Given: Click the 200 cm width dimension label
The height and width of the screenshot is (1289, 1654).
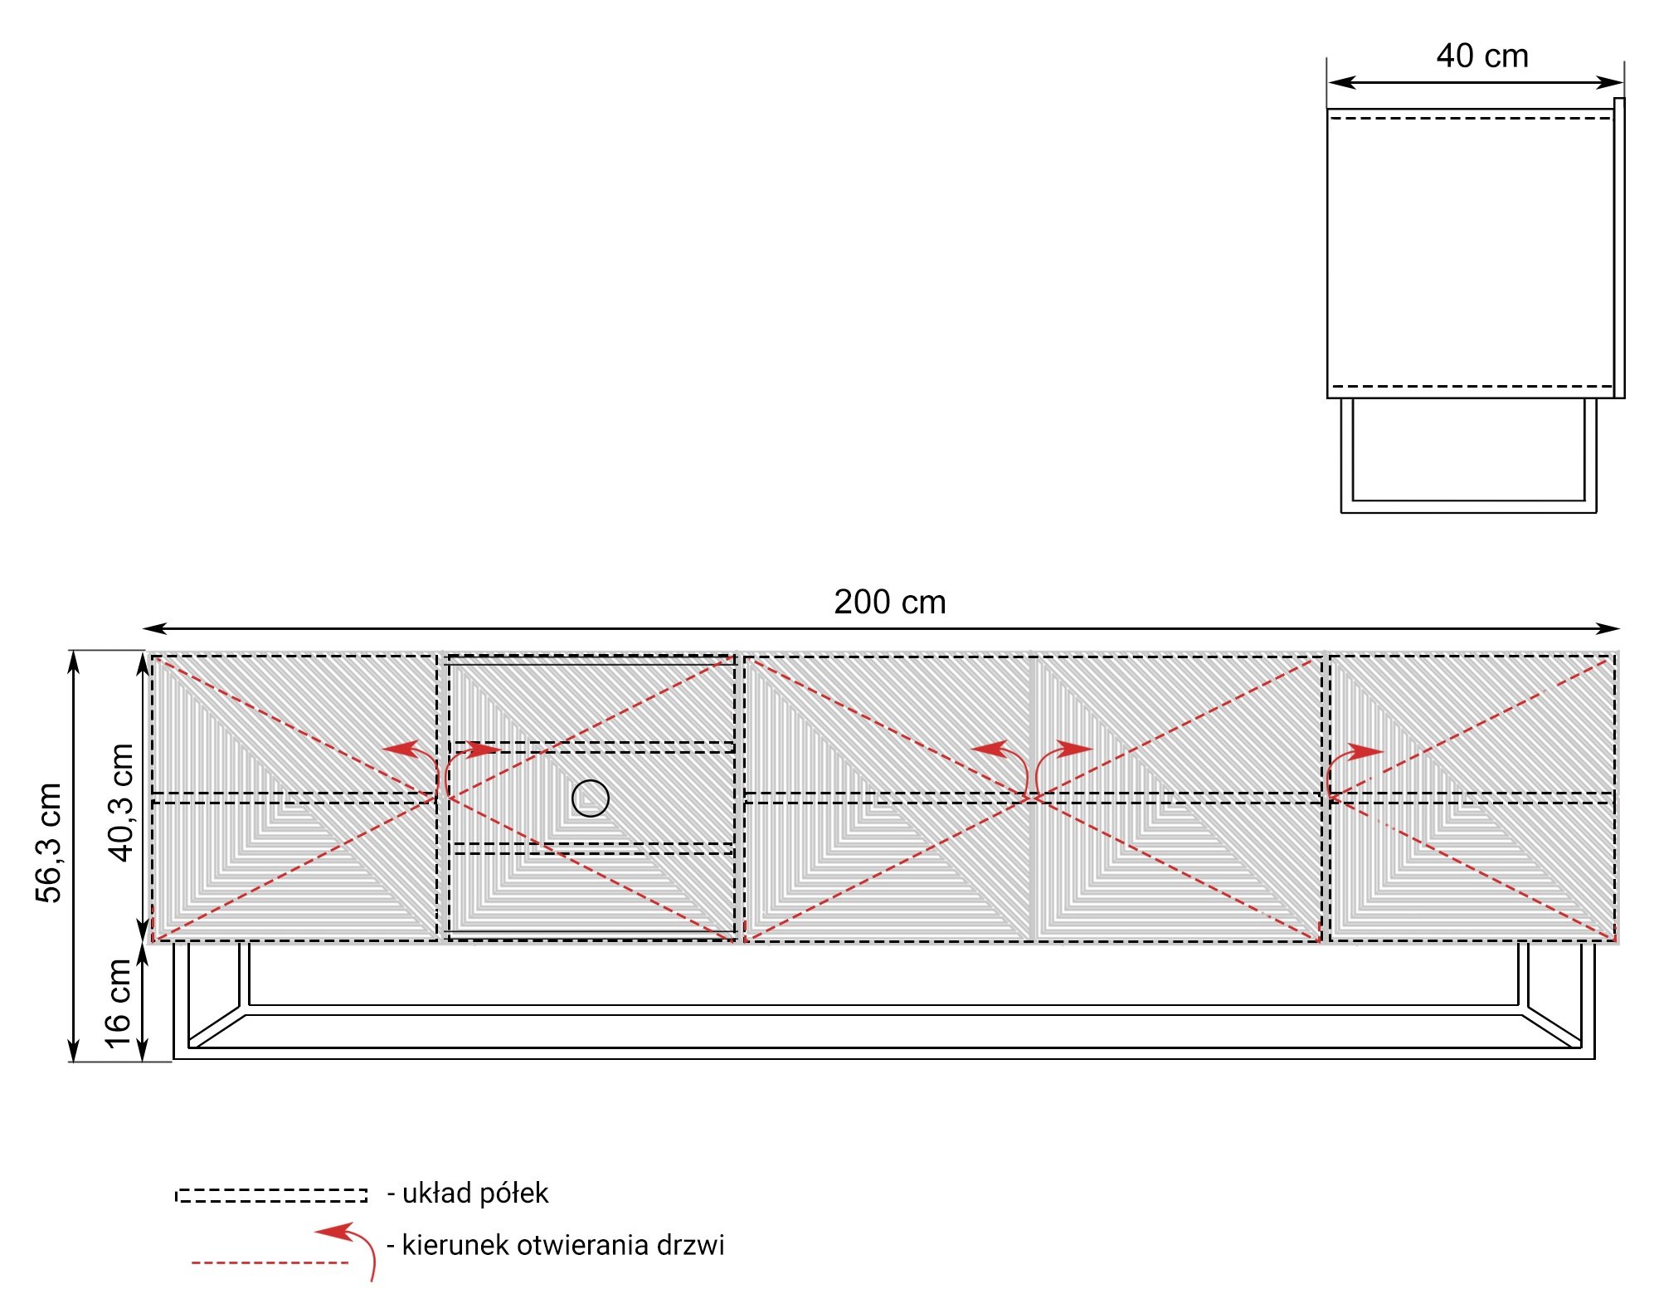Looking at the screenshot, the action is point(889,602).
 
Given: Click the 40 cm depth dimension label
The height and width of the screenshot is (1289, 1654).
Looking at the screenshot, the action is point(1482,56).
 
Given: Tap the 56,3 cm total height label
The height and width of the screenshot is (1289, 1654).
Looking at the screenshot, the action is point(49,842).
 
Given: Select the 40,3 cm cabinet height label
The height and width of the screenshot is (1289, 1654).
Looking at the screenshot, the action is point(121,803).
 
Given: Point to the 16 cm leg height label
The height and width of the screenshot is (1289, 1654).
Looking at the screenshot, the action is point(118,1003).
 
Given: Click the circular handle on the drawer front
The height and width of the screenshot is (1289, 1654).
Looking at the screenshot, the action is point(591,798).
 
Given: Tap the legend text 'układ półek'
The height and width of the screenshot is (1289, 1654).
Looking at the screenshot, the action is point(475,1194).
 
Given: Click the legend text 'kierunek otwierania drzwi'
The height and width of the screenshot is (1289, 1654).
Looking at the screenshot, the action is point(563,1245).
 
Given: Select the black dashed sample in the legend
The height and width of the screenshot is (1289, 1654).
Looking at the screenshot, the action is point(271,1195).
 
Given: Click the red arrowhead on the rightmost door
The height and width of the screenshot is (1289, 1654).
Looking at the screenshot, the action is point(1365,752).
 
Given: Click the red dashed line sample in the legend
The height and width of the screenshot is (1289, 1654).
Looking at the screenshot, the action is point(270,1262).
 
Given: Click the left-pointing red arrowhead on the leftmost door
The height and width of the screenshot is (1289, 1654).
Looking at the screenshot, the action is point(400,749).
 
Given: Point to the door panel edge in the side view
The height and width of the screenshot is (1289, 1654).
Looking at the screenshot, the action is point(1619,248).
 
